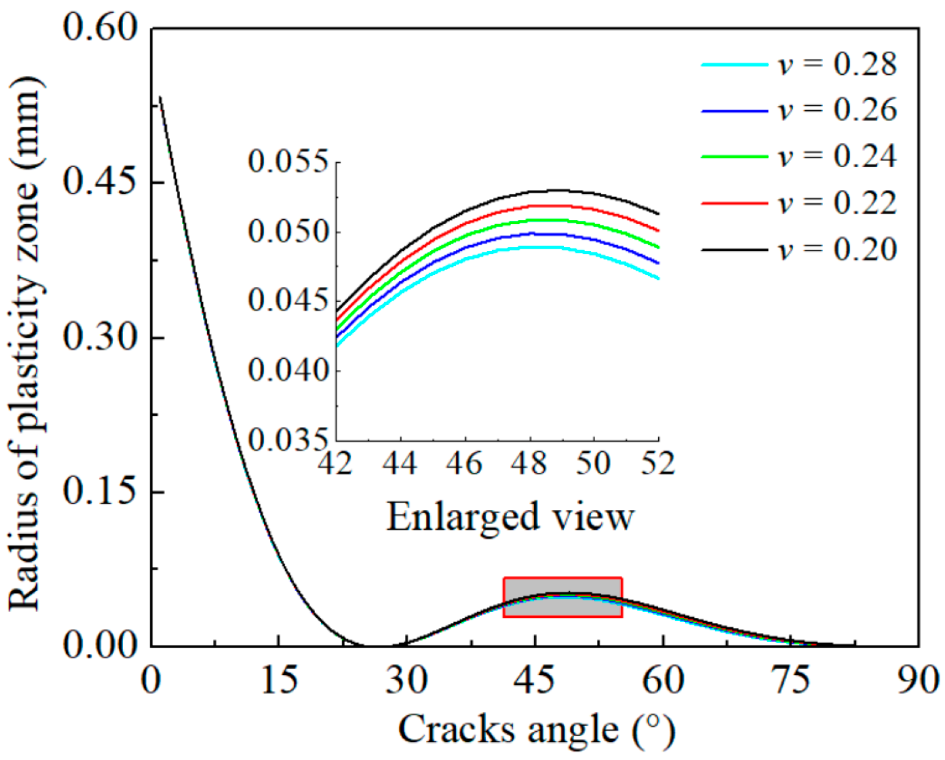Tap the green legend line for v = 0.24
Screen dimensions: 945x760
coord(734,157)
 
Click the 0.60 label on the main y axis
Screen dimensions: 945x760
coord(101,28)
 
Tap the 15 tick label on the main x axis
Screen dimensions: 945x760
coord(279,679)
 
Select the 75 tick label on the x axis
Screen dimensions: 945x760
coord(791,679)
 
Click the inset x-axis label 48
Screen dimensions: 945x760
coord(530,462)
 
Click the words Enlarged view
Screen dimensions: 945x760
coord(510,516)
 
